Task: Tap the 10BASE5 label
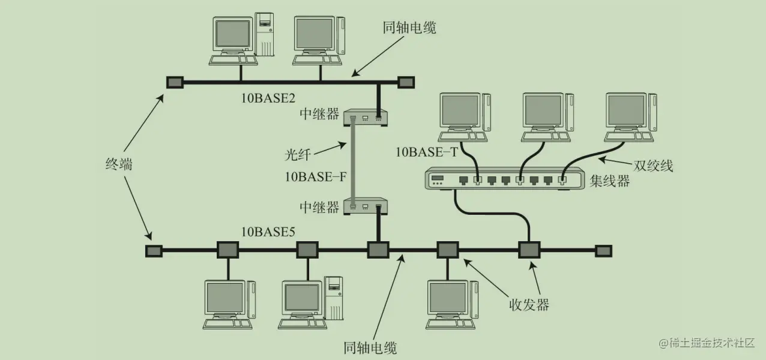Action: click(268, 232)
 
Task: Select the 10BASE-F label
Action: click(316, 176)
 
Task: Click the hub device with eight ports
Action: click(504, 179)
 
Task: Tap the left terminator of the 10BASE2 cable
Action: click(174, 82)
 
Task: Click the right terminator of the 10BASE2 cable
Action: click(406, 82)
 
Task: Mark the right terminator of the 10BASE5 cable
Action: click(603, 250)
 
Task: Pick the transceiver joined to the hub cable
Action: click(529, 250)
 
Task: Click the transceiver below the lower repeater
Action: click(378, 250)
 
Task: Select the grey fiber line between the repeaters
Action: click(354, 162)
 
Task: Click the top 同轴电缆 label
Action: click(409, 28)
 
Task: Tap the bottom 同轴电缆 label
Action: click(370, 347)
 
